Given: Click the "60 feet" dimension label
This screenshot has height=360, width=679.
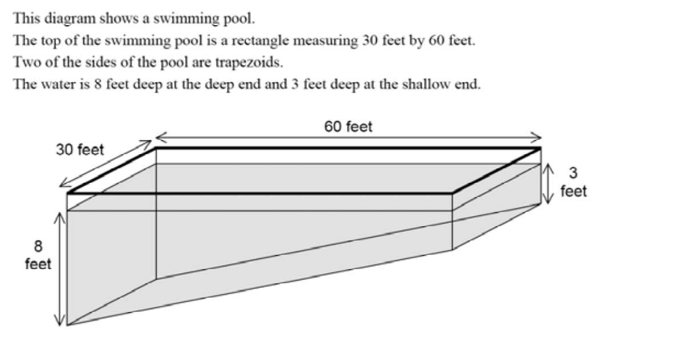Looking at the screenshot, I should point(348,127).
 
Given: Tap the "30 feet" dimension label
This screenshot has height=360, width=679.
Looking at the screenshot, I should point(80,150).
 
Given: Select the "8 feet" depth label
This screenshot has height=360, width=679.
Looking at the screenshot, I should point(38,257).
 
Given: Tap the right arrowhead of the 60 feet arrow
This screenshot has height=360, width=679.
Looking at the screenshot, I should point(538,137).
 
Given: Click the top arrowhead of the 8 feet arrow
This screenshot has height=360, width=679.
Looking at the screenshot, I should point(58,214).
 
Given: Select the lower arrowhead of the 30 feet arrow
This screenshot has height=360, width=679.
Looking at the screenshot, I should point(62,186).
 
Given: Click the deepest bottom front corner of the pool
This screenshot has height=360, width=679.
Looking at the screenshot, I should point(67,325).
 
